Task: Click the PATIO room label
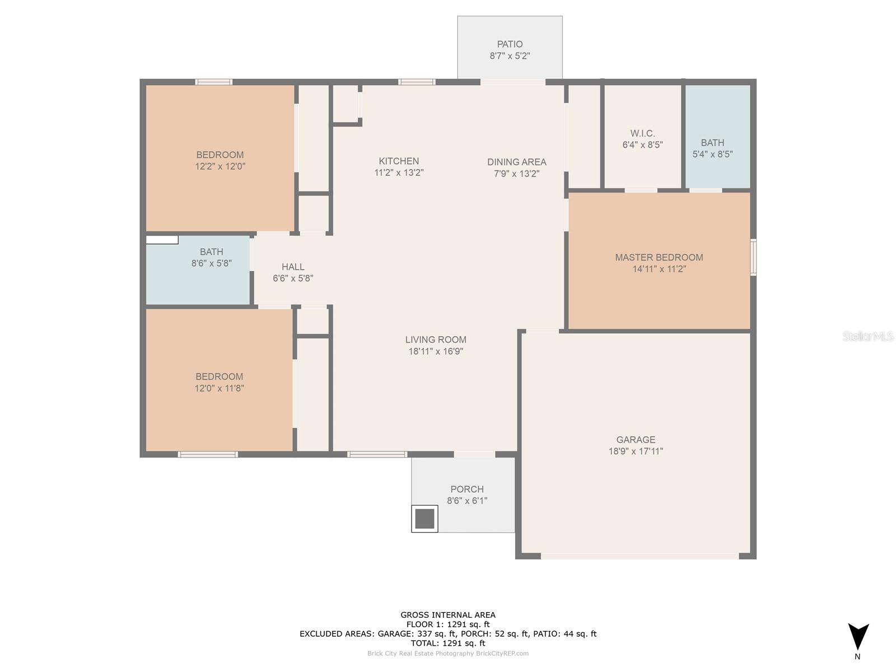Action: click(x=510, y=44)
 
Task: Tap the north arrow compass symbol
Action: click(x=858, y=636)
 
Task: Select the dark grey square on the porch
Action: click(x=424, y=519)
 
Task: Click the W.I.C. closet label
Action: click(x=642, y=133)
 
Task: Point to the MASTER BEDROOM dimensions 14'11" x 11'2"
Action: click(x=659, y=269)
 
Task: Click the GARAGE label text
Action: click(x=636, y=440)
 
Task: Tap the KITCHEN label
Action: click(x=399, y=161)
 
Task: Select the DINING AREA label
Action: click(x=516, y=162)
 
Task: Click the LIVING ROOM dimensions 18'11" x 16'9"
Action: click(x=436, y=351)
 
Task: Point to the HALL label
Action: click(x=293, y=267)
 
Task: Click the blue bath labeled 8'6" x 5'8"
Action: click(x=198, y=270)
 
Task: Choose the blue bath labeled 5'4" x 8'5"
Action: click(x=717, y=137)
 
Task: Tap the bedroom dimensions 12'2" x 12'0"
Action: click(x=220, y=166)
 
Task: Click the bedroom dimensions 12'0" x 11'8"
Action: click(x=219, y=388)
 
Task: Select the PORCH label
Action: click(x=467, y=489)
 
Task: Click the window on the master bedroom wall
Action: click(x=753, y=257)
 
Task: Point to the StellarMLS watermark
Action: click(x=868, y=336)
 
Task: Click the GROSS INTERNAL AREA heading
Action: click(x=448, y=615)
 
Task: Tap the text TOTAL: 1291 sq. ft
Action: click(x=448, y=643)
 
